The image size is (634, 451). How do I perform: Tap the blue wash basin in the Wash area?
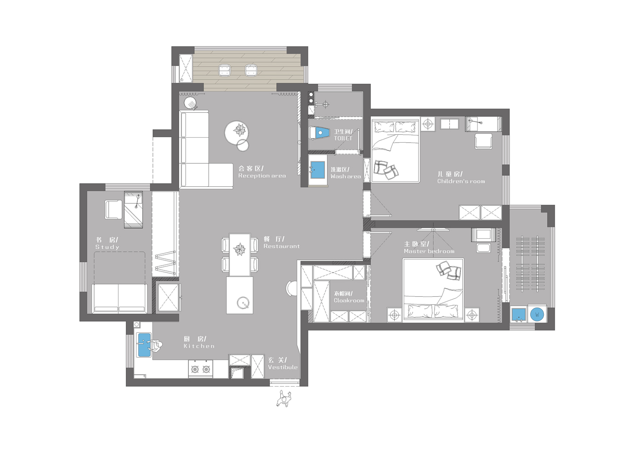[x=318, y=170]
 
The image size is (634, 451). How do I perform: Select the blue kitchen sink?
[x=144, y=345]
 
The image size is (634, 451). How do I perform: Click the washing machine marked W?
[x=537, y=314]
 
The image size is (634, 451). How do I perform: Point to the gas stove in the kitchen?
[x=201, y=369]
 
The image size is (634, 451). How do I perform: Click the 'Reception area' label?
[x=262, y=176]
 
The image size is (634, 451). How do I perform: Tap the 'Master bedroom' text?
[x=429, y=251]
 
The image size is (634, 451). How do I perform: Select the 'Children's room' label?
[x=461, y=181]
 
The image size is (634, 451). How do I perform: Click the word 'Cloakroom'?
[x=349, y=301]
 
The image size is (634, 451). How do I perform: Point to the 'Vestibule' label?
[x=283, y=367]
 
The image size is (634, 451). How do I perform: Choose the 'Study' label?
[x=107, y=247]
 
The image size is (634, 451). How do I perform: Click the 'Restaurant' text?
[x=281, y=246]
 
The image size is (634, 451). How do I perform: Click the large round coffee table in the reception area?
[x=237, y=132]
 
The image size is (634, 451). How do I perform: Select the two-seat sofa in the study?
[x=119, y=299]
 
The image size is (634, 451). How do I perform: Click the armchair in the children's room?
[x=483, y=141]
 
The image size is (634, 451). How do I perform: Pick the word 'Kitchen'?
[x=199, y=346]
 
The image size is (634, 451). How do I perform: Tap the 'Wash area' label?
[x=345, y=176]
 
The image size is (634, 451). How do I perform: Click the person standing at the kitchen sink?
[x=156, y=346]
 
